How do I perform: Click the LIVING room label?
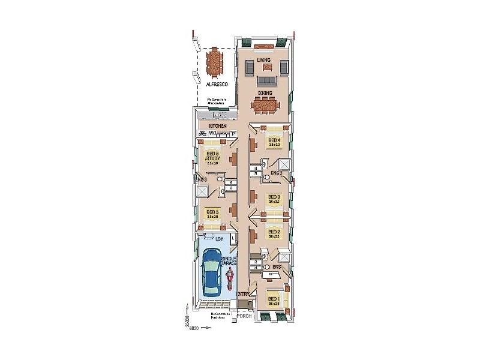coord(264,61)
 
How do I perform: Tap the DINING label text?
coord(265,94)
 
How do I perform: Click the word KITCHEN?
coord(217,126)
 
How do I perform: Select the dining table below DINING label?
coord(265,106)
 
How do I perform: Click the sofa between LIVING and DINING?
coord(266,80)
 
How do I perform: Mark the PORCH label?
coord(244,316)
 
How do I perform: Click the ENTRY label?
coord(242,294)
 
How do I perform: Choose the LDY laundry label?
coord(211,238)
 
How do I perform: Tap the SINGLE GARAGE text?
coord(229,260)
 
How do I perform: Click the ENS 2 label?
coord(277,174)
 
